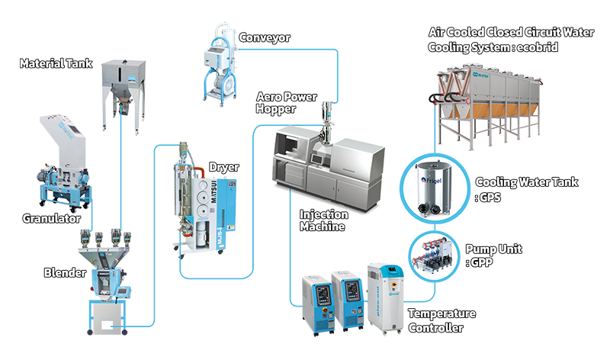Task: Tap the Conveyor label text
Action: pyautogui.click(x=264, y=37)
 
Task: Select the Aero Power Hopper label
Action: pyautogui.click(x=287, y=104)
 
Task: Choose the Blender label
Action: pyautogui.click(x=64, y=272)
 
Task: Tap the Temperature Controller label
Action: pyautogui.click(x=441, y=321)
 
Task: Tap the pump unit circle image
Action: pyautogui.click(x=432, y=254)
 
